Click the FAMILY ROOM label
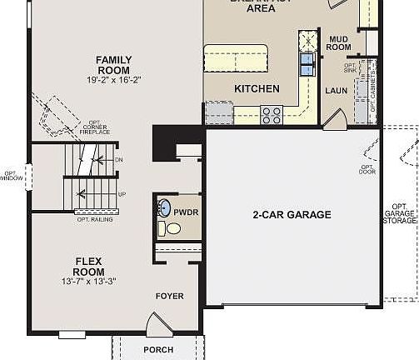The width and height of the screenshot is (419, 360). point(113,65)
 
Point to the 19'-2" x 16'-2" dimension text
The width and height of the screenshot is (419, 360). point(113,81)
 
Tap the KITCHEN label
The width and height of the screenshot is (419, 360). point(257,88)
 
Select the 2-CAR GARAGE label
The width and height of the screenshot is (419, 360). point(292,215)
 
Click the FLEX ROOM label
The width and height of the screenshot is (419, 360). point(88,266)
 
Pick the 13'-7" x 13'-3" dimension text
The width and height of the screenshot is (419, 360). point(88,281)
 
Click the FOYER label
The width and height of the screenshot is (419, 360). point(169,296)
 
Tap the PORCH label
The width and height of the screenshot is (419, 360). point(158,350)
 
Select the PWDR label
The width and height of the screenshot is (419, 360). point(186,212)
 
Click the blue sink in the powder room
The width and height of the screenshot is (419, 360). point(164,209)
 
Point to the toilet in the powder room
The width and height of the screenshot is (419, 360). point(172,228)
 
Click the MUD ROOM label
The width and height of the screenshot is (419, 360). point(339,43)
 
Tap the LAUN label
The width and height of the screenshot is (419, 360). point(336,90)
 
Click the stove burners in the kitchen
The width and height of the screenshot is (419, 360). point(272,113)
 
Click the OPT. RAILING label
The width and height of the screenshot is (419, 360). point(95,219)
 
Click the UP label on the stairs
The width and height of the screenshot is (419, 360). point(122,194)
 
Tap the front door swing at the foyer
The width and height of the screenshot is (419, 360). point(156,323)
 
